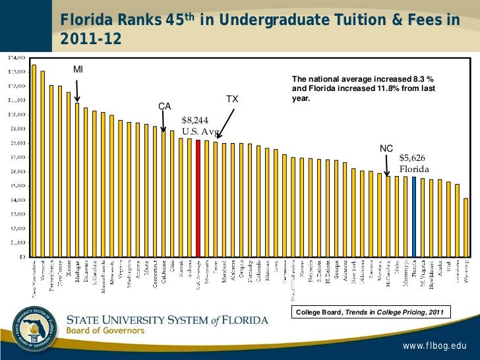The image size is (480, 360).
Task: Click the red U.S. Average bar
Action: click(x=198, y=198)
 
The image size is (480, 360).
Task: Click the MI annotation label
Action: click(x=78, y=70)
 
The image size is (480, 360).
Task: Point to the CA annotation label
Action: click(x=164, y=106)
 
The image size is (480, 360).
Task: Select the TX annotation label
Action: click(x=232, y=99)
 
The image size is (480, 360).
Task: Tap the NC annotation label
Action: click(x=386, y=148)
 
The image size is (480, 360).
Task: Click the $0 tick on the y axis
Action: click(x=21, y=256)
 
